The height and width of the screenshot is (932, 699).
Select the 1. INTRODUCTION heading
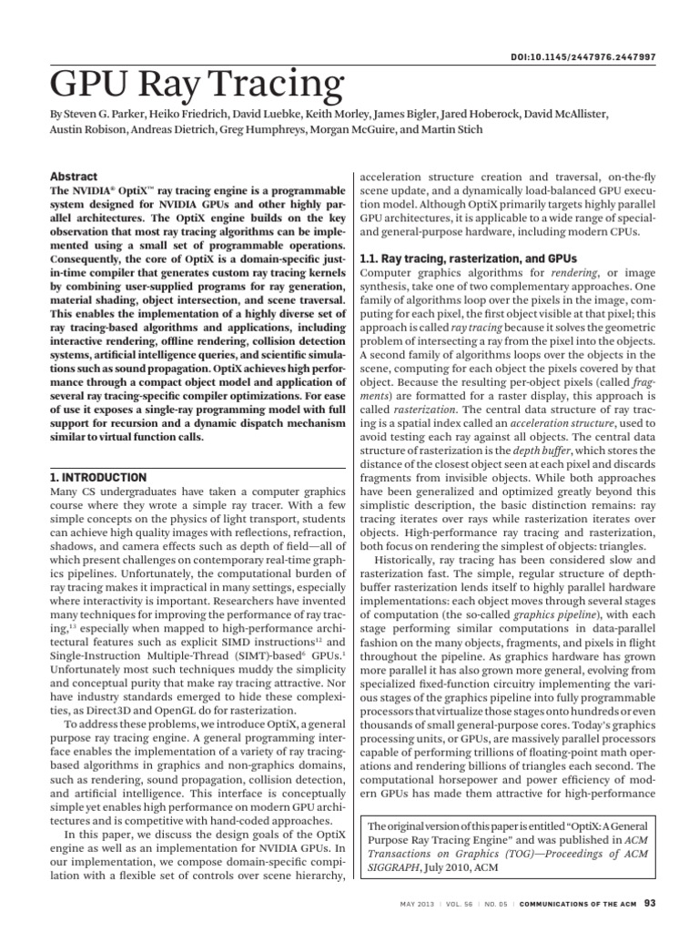pos(95,477)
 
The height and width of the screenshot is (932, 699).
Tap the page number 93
pos(649,904)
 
